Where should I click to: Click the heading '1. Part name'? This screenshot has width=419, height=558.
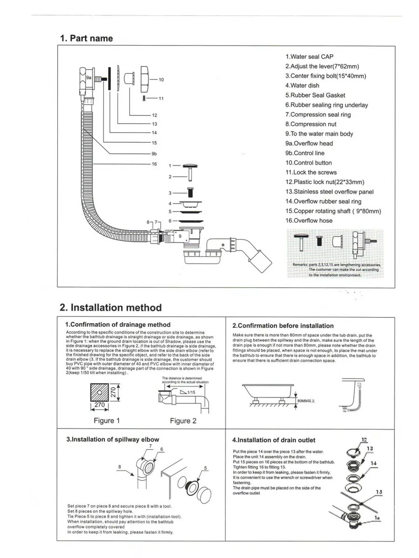[86, 38]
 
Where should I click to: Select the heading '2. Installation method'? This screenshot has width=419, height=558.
[111, 307]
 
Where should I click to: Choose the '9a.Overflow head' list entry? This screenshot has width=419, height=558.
[309, 143]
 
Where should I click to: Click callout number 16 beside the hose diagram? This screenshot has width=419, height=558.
[155, 164]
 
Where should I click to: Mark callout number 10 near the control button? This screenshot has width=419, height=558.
[161, 80]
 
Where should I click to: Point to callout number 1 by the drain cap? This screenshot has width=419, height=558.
[170, 166]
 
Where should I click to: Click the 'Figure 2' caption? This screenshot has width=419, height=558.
[183, 421]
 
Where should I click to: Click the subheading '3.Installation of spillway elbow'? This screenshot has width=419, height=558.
[113, 439]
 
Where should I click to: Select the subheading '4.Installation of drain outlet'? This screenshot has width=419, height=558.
[273, 440]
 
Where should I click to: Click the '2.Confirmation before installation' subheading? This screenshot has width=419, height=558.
[283, 325]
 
